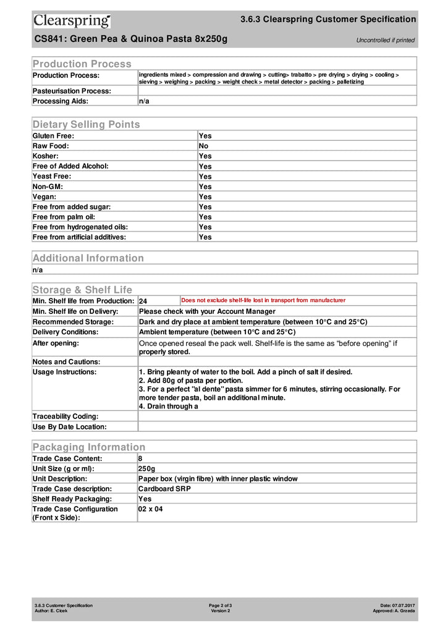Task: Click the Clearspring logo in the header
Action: pos(72,21)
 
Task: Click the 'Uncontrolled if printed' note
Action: pos(385,40)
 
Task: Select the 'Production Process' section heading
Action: pos(82,64)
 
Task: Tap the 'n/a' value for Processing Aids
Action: pos(143,101)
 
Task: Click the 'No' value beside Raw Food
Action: pos(203,146)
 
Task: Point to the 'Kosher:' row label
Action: pos(46,156)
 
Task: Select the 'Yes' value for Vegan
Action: pos(205,196)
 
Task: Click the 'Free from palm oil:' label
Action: pos(64,217)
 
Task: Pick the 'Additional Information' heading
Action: pos(88,258)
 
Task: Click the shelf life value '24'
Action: pos(143,301)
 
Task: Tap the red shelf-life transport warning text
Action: pos(263,300)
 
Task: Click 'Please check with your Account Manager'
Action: pos(207,311)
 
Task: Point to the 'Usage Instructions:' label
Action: pos(64,372)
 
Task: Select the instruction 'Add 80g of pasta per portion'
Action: pos(192,381)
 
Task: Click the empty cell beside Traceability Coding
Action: pos(277,416)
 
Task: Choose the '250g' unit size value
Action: pos(147,469)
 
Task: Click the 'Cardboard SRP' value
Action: pos(164,489)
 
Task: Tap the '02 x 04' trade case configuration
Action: pos(150,509)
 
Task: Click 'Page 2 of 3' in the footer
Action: pos(221,605)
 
